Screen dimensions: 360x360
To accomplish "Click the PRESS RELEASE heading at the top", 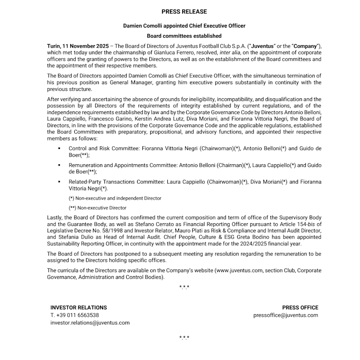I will (184, 11).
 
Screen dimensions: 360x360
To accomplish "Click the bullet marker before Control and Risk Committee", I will (59, 149).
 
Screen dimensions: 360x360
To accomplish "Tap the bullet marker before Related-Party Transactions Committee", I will (59, 182).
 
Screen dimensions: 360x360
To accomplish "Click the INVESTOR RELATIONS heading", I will (79, 308).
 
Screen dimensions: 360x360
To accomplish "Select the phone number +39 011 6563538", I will (77, 315).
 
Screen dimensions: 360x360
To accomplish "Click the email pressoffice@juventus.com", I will (286, 315).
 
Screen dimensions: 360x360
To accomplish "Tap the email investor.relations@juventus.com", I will (90, 323).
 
